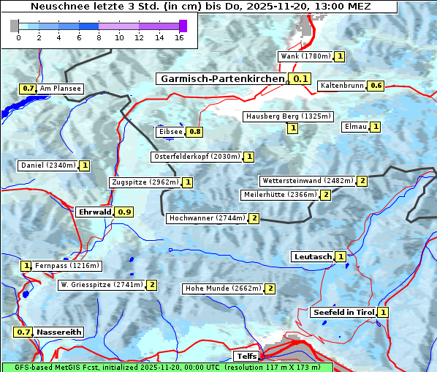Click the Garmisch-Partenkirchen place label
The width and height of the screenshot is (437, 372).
pos(221,79)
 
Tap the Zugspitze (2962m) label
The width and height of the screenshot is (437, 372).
pos(144,182)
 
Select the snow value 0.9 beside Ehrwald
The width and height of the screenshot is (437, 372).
pos(124,212)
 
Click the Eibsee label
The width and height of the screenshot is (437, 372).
pos(170,132)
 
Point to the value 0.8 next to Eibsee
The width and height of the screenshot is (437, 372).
pos(194,132)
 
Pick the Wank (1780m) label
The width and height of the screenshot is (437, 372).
pos(305,56)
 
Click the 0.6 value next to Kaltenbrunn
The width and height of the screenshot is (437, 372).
pos(376,86)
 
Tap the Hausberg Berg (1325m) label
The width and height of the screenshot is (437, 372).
pos(288,116)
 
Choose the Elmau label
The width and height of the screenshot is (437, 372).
pos(355,127)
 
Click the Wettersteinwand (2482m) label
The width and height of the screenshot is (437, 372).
pos(307,181)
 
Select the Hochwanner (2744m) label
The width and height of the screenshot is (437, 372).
pos(207,218)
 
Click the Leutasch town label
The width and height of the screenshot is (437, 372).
pos(312,256)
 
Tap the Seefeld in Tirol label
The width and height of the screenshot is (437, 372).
pos(343,313)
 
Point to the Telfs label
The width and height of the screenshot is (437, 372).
pos(245,357)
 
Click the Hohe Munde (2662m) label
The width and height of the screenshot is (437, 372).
pos(223,289)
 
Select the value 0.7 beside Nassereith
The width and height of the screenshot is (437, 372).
pos(23,332)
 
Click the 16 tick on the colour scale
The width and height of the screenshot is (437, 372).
pos(180,37)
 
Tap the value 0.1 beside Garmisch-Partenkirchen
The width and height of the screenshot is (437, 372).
pos(300,79)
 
